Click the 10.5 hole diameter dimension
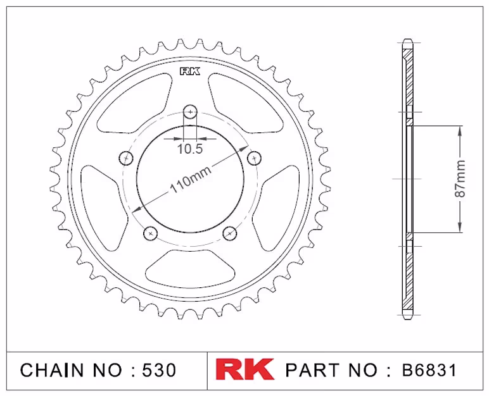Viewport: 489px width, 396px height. point(190,149)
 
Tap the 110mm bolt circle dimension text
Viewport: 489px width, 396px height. point(190,180)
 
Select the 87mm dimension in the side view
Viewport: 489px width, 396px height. point(460,179)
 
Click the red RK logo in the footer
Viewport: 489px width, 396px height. point(244,369)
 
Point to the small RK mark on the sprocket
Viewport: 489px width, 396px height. point(190,72)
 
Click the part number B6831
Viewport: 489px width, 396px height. point(429,370)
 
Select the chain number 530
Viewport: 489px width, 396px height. point(159,370)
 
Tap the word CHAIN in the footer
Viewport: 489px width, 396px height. point(52,370)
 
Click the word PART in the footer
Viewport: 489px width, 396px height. point(312,370)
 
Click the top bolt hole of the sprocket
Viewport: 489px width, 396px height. point(190,111)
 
